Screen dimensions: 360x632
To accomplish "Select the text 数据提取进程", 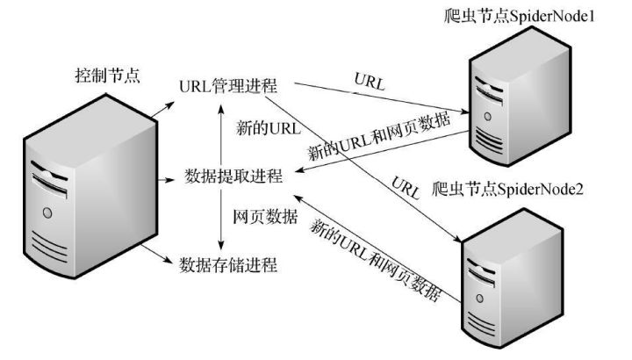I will point(234,176).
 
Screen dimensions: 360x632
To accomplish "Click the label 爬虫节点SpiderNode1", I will point(515,17).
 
